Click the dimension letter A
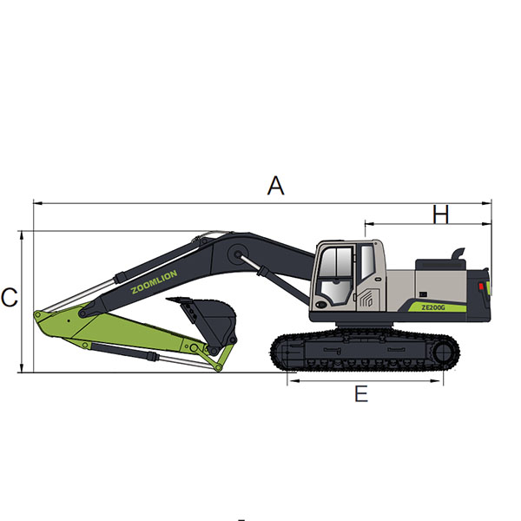[x=275, y=186]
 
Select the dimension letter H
[x=440, y=214]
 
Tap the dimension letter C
[x=9, y=297]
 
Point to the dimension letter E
[x=361, y=393]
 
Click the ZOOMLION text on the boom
[x=154, y=281]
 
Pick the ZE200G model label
[x=433, y=307]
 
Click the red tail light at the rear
[x=481, y=287]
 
